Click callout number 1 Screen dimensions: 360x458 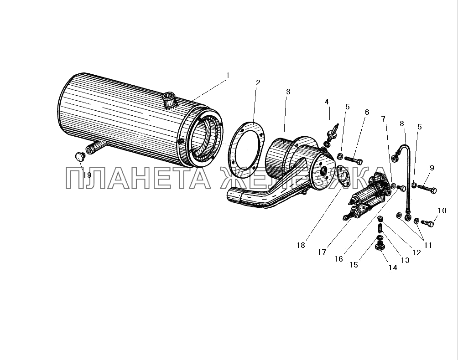(228, 75)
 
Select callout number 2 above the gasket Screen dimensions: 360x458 (258, 83)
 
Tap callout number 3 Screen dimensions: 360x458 (288, 92)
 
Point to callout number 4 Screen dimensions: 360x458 (327, 102)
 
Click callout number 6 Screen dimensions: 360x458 (367, 112)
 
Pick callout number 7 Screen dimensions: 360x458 (383, 119)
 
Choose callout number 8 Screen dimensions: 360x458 (402, 123)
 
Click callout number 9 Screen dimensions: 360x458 (432, 168)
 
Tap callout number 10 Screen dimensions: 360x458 (442, 211)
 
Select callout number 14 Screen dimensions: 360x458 (393, 268)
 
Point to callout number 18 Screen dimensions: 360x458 (300, 245)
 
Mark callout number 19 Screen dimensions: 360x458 (87, 175)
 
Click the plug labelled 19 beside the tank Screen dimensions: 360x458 (80, 156)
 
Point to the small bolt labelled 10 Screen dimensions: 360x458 (428, 223)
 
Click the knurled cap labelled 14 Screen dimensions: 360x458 (379, 248)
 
